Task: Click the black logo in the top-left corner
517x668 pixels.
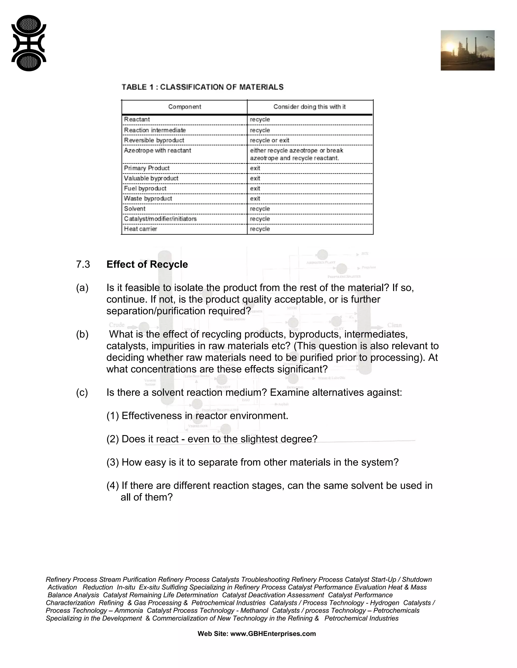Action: tap(29, 43)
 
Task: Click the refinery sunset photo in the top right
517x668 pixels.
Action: tap(467, 50)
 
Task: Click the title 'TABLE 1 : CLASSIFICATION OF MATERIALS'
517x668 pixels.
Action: tap(202, 87)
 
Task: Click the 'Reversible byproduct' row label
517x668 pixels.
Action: tap(154, 140)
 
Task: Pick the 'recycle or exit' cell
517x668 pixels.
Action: tap(270, 140)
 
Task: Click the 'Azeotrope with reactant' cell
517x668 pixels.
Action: tap(158, 150)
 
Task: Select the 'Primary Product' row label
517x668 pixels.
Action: tap(147, 168)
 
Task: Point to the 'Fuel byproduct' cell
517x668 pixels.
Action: tap(145, 188)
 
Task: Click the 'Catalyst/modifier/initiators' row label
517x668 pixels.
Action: tap(160, 219)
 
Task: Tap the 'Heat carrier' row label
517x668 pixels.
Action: tap(141, 229)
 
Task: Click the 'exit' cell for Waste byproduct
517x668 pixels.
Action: tap(255, 198)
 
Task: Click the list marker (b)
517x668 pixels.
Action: tap(82, 334)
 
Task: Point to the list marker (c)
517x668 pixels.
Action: tap(82, 392)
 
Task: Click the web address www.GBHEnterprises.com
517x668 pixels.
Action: tap(273, 634)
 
